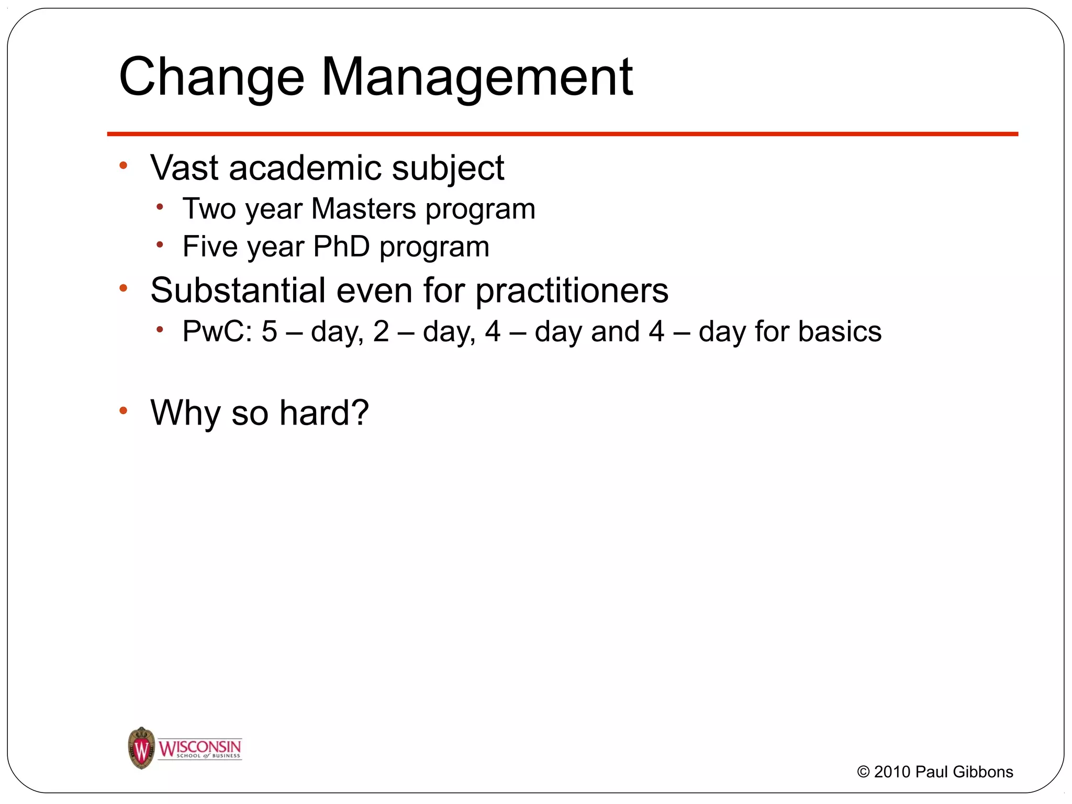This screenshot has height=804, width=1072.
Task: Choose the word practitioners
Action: pyautogui.click(x=572, y=291)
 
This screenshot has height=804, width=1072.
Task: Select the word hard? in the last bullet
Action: pyautogui.click(x=324, y=412)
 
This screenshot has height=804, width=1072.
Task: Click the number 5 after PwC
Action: pyautogui.click(x=269, y=331)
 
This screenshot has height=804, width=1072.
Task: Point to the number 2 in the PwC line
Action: pyautogui.click(x=381, y=331)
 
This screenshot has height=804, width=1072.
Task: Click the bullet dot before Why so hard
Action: pyautogui.click(x=124, y=410)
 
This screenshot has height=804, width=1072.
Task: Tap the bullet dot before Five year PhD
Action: pyautogui.click(x=160, y=244)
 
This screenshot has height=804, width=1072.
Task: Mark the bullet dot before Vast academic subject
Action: pyautogui.click(x=124, y=166)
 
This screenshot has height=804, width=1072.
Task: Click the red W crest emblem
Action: pyautogui.click(x=141, y=748)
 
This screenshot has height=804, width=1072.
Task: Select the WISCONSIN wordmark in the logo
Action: pyautogui.click(x=199, y=746)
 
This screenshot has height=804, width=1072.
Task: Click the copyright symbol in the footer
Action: pyautogui.click(x=863, y=772)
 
